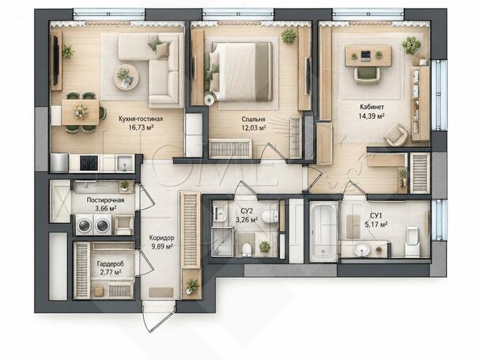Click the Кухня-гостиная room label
pos(141,119)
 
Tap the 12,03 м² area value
pos(254,127)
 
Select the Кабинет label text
pos(372,107)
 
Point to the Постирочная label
pos(106,200)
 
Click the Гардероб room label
pos(111,263)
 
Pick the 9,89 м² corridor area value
pos(162,246)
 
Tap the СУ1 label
pos(376,216)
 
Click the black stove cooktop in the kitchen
pos(89,163)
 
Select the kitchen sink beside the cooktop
pos(125,163)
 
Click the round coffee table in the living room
pos(126,77)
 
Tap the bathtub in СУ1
pos(323,232)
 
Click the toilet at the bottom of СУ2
pos(247,249)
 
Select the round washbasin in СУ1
pos(362,249)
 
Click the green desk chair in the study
pos(368,75)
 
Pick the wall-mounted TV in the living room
pos(55,60)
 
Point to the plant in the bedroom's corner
pos(289,36)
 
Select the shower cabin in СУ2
pos(222,242)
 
